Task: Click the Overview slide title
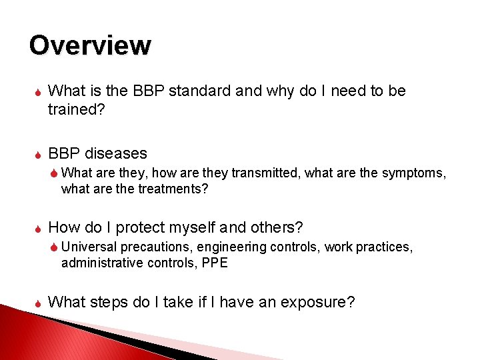pos(90,45)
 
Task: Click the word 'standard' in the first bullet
pos(198,91)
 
